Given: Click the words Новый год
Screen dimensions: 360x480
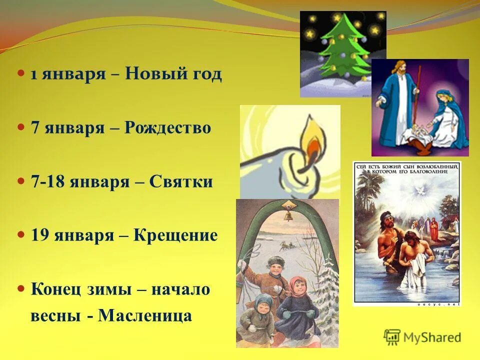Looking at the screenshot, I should (173, 75).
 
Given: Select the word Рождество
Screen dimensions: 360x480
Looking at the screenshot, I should (168, 128).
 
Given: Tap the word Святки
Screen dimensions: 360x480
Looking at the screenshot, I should (180, 182).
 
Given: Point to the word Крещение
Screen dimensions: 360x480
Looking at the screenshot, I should (175, 235).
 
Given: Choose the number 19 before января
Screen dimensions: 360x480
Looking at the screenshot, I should (40, 235).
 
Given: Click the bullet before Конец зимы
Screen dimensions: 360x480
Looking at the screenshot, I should (21, 288).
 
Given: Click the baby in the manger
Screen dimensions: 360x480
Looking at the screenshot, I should (418, 131).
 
